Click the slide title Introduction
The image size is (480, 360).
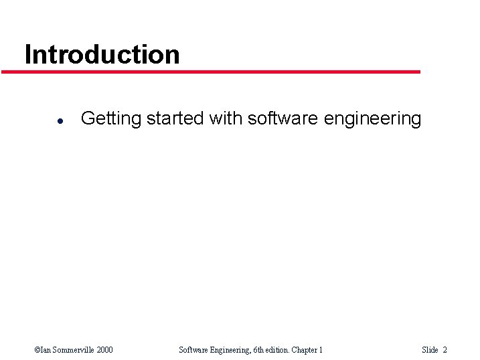coord(102,54)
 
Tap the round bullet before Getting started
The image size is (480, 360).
coord(60,120)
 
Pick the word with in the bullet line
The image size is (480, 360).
coord(226,118)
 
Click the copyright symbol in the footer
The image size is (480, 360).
coord(37,349)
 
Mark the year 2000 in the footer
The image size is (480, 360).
coord(104,349)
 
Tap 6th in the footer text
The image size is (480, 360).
coord(262,349)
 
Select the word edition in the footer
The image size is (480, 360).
coord(283,349)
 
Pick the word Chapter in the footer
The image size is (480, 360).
coord(307,350)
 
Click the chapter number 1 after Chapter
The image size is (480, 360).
coord(321,349)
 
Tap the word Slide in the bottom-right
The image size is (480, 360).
coord(430,349)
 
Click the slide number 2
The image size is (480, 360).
coord(445,349)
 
